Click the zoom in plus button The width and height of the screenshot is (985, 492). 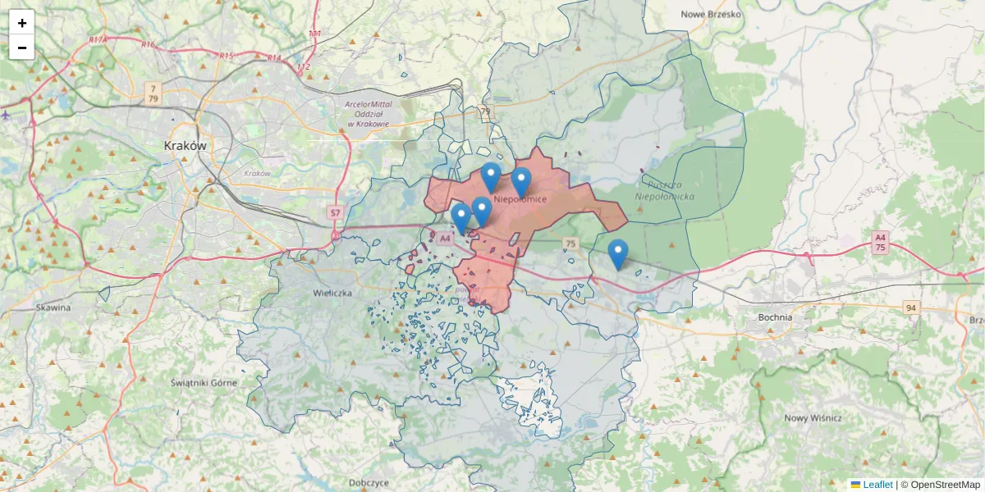(x=22, y=23)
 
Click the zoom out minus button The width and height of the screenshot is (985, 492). (x=22, y=48)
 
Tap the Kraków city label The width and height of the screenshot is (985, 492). (x=185, y=145)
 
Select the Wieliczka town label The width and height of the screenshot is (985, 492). (x=332, y=292)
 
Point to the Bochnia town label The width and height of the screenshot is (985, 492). (x=776, y=317)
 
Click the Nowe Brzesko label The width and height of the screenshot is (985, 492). (x=711, y=14)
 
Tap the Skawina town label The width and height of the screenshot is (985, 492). (x=53, y=307)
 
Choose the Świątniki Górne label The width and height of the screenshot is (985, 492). (x=204, y=382)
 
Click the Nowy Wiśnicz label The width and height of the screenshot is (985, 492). (x=813, y=417)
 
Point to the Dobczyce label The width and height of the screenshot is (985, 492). (x=368, y=483)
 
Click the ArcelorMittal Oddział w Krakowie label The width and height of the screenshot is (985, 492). (x=369, y=113)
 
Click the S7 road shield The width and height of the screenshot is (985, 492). (x=335, y=213)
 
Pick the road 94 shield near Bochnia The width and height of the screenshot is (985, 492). (x=910, y=307)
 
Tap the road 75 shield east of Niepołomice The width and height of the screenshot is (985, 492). (x=570, y=244)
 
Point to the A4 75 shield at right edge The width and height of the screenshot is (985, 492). (x=880, y=242)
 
